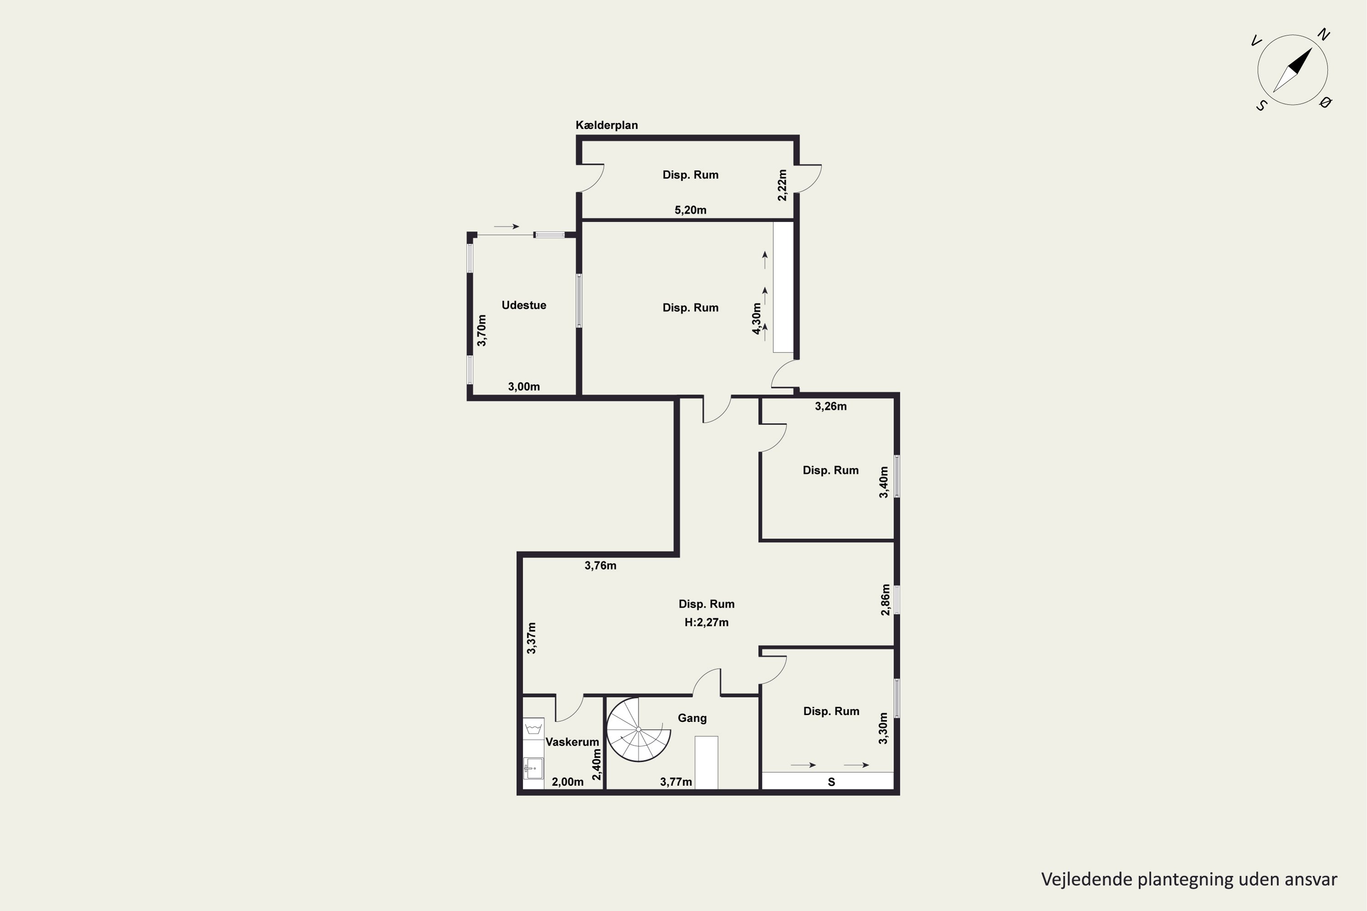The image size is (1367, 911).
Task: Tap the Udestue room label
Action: pos(524,305)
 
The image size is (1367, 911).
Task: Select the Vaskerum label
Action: pos(572,742)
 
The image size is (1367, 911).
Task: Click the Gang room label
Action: pos(692,718)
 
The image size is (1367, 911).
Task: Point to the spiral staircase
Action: pos(638,729)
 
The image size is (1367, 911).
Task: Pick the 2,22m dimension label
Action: pos(782,185)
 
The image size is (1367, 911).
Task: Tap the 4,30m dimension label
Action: pos(757,319)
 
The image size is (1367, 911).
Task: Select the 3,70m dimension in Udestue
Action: pos(482,331)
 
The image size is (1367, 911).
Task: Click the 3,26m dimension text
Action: pos(831,406)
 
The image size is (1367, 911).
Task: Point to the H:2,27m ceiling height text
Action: pos(706,622)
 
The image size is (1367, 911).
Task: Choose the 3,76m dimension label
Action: pos(601,565)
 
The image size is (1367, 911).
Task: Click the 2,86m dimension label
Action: pos(885,599)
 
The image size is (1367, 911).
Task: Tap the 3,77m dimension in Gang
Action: pos(676,782)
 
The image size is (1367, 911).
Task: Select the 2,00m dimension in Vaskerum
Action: pos(567,782)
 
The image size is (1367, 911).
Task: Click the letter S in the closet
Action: pos(831,782)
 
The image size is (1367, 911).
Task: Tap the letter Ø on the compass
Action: pos(1325,103)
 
